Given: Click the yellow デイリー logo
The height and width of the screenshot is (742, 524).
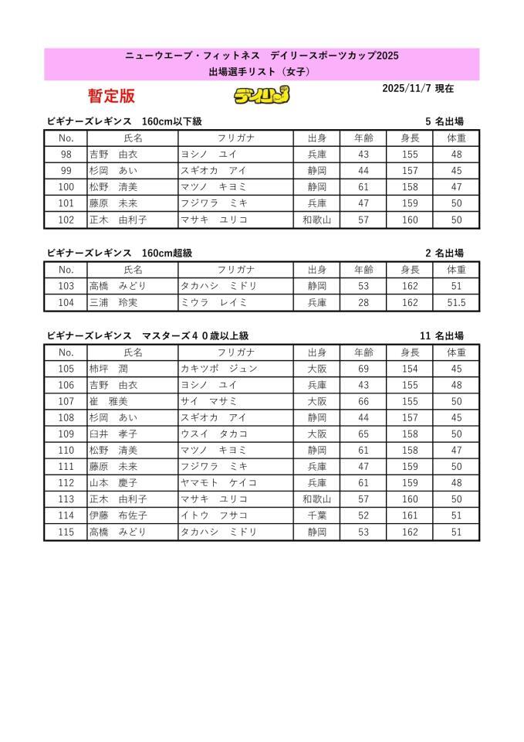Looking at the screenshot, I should click(262, 96).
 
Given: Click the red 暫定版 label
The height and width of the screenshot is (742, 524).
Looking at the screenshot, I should click(111, 96).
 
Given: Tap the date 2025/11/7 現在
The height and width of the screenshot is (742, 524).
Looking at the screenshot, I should click(418, 89).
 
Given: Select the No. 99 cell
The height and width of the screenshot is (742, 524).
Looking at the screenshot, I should click(66, 171).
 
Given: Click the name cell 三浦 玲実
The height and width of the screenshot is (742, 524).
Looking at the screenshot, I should click(107, 303).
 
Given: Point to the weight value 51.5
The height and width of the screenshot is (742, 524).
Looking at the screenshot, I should click(456, 303).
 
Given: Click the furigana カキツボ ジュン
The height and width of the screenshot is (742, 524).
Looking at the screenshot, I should click(218, 369).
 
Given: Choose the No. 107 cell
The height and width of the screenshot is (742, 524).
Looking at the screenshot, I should click(66, 401).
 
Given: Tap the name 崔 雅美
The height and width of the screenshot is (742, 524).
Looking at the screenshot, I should click(109, 401).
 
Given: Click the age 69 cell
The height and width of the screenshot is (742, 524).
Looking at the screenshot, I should click(363, 369).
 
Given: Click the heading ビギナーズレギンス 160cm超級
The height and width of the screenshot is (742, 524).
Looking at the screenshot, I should click(119, 253).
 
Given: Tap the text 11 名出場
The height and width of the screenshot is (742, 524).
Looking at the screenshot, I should click(441, 336).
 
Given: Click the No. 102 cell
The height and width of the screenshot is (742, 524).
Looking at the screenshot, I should click(66, 220).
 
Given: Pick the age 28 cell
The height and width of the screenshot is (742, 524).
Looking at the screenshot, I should click(363, 303).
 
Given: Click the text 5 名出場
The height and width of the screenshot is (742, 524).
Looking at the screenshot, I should click(444, 121).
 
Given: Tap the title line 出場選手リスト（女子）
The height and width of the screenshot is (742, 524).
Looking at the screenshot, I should click(262, 73).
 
